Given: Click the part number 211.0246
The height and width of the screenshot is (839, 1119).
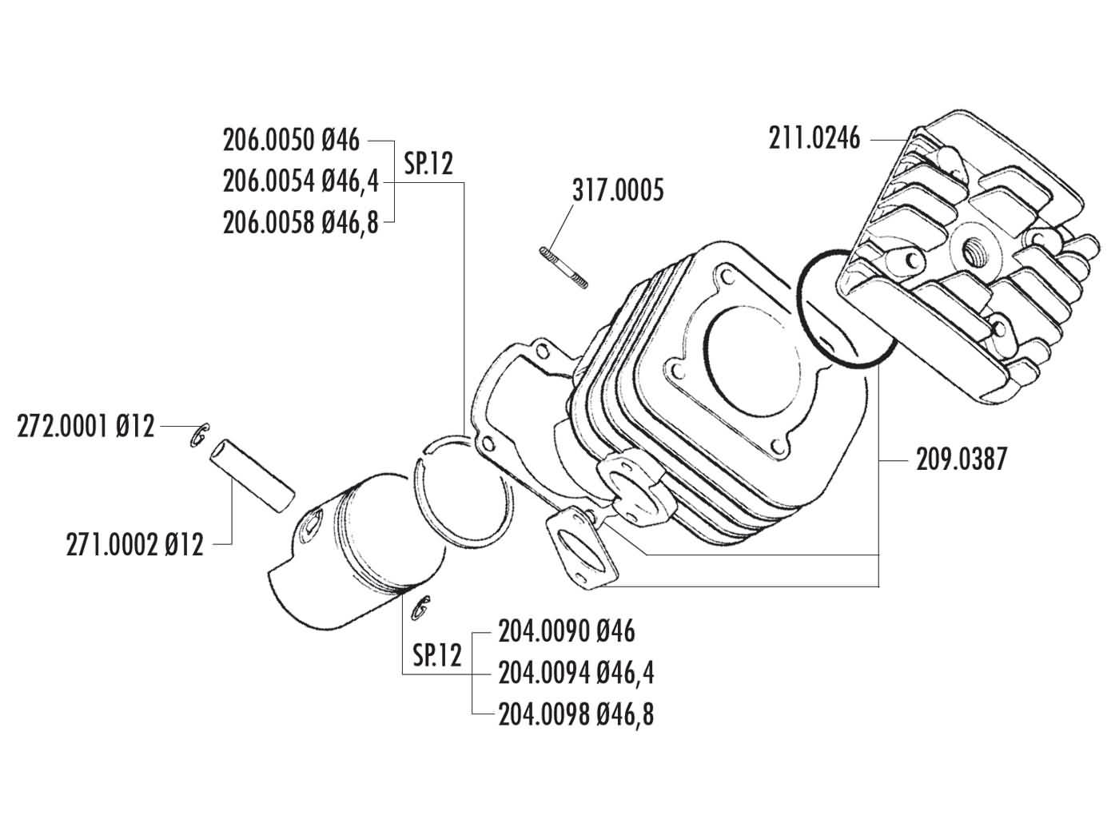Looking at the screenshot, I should (x=814, y=138).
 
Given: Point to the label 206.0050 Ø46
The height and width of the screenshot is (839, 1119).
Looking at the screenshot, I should (x=292, y=141).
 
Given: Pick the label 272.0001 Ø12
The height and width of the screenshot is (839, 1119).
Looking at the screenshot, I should (x=86, y=427).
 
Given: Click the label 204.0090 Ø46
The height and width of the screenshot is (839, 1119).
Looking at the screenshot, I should (x=567, y=632).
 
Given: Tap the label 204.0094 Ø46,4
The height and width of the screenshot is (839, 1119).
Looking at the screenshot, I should (x=575, y=674).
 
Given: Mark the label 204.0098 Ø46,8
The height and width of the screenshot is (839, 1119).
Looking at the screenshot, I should (x=575, y=714).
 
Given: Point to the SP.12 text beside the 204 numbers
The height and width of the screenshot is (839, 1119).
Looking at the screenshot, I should (x=437, y=655).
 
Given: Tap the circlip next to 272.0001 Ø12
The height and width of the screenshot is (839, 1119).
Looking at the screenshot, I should (x=200, y=434).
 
